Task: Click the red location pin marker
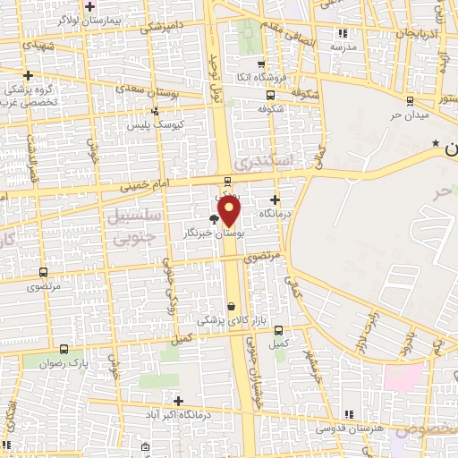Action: (x=230, y=211)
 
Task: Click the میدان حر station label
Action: (x=411, y=114)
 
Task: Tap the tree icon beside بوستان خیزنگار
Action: (x=213, y=218)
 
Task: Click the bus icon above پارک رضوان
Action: (x=63, y=350)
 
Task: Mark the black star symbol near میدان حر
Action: (x=436, y=143)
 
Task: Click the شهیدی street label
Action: (x=39, y=44)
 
